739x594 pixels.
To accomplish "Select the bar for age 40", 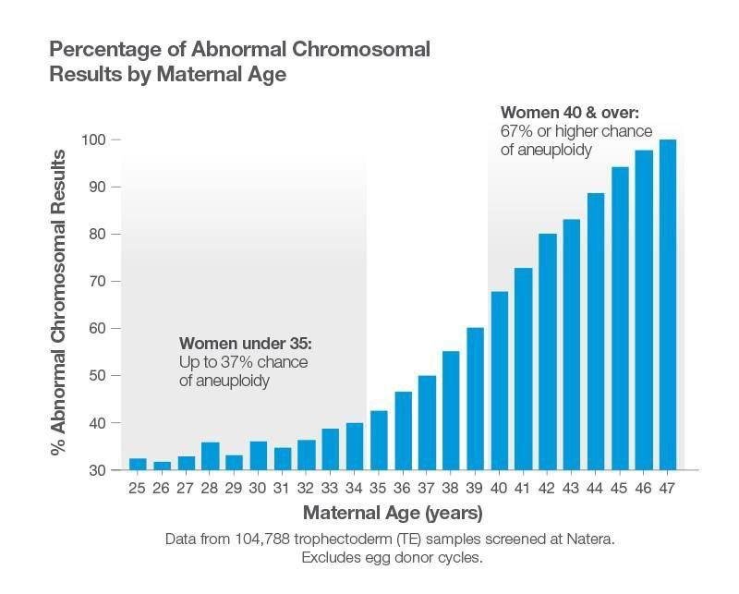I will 500,381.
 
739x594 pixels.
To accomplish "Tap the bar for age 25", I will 138,464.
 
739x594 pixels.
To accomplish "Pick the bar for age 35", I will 379,440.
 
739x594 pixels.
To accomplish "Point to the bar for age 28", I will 210,455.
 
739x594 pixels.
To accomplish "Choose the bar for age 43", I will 572,345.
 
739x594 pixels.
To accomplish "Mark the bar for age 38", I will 451,410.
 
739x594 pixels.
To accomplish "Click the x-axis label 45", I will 620,488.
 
